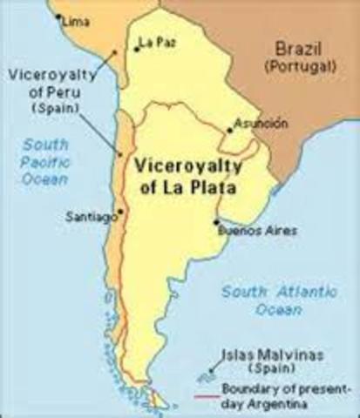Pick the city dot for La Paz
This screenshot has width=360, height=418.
coord(135,49)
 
